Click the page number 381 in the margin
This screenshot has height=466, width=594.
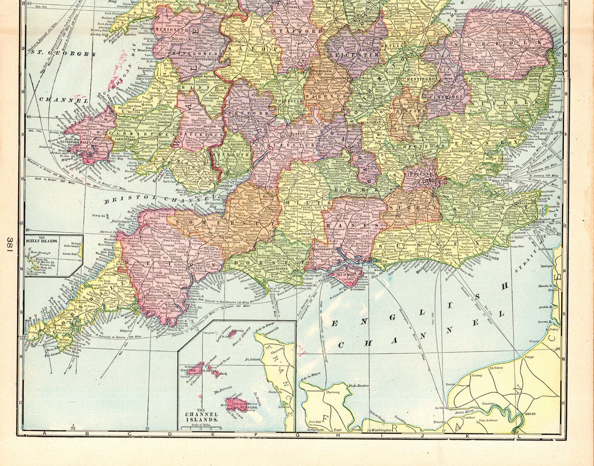click(10, 244)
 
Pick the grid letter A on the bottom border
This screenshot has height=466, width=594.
click(44, 434)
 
